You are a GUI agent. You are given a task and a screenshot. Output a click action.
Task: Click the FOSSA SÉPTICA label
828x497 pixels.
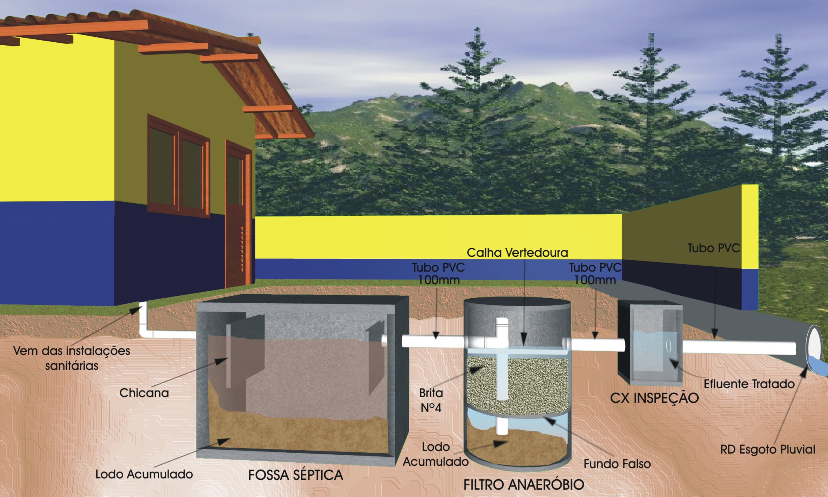point(295,475)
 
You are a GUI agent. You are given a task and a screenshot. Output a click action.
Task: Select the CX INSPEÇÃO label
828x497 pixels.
point(654,398)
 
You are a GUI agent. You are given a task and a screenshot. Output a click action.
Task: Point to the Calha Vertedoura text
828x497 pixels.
point(517,252)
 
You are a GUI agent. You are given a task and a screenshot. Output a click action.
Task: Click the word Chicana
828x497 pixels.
point(144,393)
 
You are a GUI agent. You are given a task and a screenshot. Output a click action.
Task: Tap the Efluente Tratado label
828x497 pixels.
point(749,384)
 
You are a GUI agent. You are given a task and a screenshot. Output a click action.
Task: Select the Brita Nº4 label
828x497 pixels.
point(431,400)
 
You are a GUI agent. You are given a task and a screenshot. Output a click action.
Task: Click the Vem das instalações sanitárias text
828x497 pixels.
point(72,358)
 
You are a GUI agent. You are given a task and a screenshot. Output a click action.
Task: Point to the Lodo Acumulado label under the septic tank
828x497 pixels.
point(144,474)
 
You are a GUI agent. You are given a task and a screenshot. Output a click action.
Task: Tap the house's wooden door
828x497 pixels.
point(238,214)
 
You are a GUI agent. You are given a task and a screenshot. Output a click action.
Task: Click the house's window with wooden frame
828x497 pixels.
point(179,166)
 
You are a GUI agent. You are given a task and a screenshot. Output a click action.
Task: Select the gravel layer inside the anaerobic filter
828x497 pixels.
point(517,385)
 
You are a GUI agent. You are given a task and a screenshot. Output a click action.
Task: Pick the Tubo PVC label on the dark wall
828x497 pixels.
point(714,248)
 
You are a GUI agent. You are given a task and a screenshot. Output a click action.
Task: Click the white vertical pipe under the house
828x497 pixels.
point(143,318)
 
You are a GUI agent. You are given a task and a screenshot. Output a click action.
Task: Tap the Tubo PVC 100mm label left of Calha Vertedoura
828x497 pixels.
point(439,273)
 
